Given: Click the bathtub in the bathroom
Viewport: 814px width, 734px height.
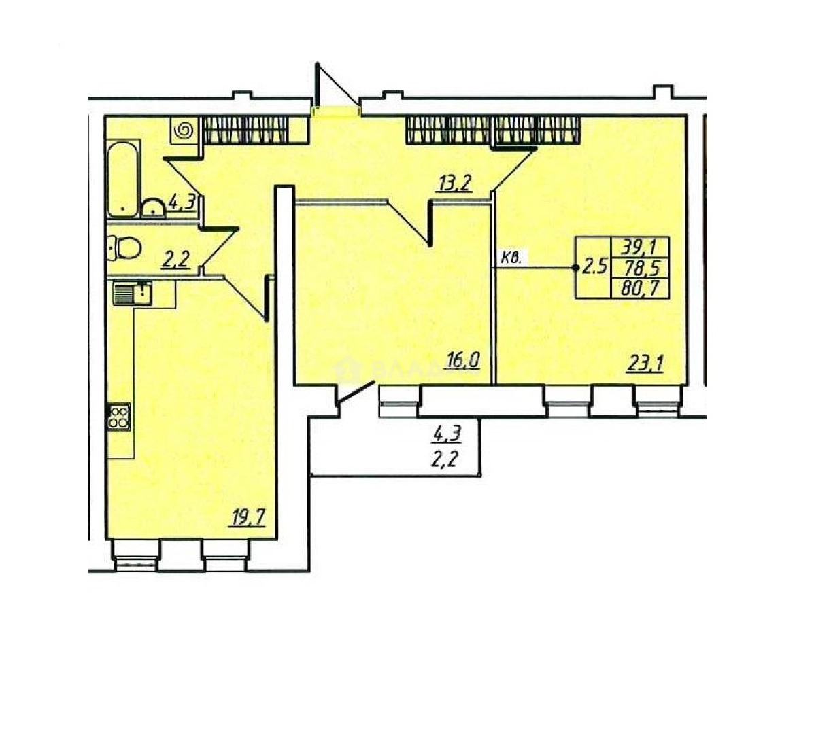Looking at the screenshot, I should pyautogui.click(x=123, y=178).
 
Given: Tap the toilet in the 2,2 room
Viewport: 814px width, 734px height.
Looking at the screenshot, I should pyautogui.click(x=123, y=247).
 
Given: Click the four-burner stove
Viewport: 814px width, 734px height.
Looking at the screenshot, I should pyautogui.click(x=119, y=416).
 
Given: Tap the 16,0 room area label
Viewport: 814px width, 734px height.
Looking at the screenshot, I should pyautogui.click(x=463, y=360).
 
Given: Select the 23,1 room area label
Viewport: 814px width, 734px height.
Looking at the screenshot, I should pyautogui.click(x=645, y=365).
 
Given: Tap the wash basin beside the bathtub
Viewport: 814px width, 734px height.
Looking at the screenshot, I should pyautogui.click(x=152, y=207).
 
